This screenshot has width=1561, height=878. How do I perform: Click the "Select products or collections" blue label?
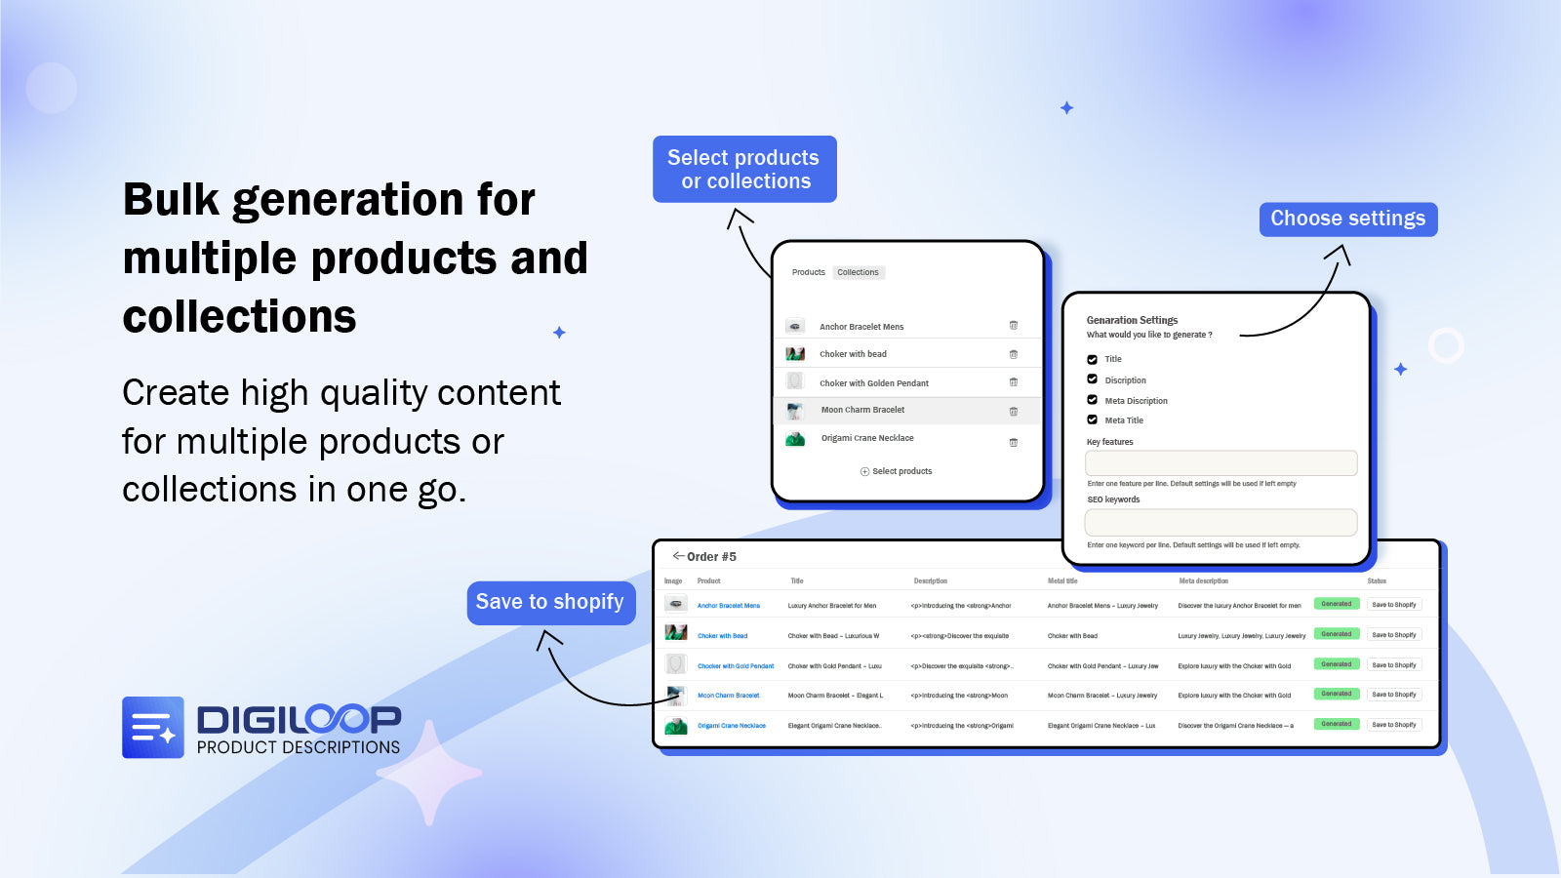[744, 170]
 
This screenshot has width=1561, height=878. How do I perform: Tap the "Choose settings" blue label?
[1347, 219]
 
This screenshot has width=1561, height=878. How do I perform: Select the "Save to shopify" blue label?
[550, 602]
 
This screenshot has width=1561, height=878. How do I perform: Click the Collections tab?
[858, 272]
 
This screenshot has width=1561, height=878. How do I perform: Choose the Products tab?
[808, 272]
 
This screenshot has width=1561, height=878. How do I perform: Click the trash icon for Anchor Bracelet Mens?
[1013, 326]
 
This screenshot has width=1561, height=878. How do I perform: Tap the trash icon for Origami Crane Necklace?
[1013, 443]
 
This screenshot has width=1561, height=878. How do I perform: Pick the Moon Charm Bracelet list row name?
[862, 410]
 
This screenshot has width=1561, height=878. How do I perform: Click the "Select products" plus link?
[896, 471]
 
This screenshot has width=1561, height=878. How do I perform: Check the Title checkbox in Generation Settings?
[1093, 359]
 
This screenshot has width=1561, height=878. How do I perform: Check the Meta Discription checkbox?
[1093, 400]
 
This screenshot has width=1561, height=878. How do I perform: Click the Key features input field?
[1221, 462]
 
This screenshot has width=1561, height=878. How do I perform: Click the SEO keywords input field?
[1221, 522]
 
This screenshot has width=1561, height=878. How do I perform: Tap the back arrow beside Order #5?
[678, 556]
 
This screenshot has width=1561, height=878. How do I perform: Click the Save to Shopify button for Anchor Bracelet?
[1393, 605]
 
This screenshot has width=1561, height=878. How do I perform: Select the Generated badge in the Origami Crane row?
[1336, 724]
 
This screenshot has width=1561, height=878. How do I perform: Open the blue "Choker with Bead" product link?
[722, 636]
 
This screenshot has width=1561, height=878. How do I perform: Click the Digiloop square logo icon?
[153, 727]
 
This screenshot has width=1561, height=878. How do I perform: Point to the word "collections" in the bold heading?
[240, 317]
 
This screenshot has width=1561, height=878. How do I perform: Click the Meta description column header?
[1203, 581]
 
